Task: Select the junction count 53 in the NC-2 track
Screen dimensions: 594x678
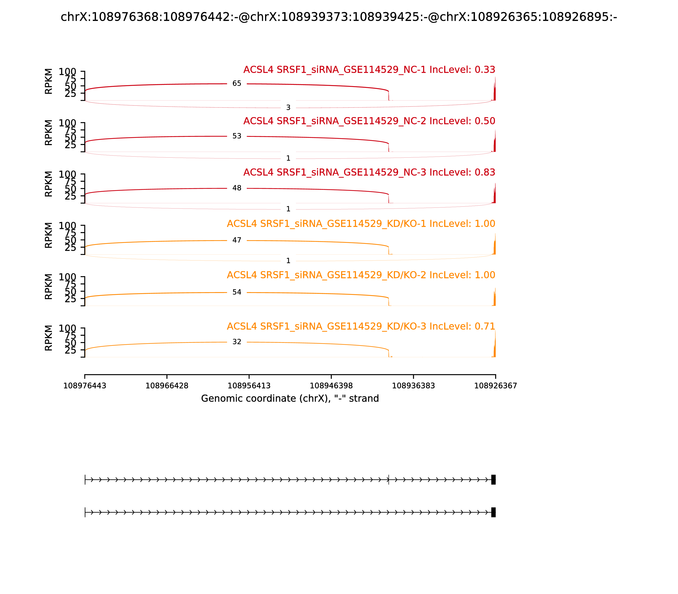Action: (x=237, y=136)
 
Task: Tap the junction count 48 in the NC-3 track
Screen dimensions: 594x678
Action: (x=237, y=188)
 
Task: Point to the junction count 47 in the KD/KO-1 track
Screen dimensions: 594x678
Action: (x=237, y=240)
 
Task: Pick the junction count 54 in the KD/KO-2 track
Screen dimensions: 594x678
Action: (x=237, y=292)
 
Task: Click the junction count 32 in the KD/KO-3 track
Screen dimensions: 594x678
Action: (x=237, y=342)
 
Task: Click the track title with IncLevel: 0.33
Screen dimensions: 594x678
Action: (x=369, y=70)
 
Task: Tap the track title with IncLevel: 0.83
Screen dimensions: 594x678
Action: (x=369, y=172)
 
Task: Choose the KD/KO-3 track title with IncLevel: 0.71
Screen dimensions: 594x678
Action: (x=361, y=326)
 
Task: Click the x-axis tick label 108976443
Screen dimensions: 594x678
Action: (x=85, y=386)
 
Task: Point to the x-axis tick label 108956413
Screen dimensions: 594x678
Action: (x=249, y=386)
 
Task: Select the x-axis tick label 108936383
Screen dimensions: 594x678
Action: (x=413, y=386)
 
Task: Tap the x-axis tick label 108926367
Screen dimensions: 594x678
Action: (x=495, y=386)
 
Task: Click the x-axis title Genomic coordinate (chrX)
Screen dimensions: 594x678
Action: (x=290, y=398)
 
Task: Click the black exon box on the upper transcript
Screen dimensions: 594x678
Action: (x=493, y=480)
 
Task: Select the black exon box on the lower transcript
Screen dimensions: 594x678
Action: (x=493, y=512)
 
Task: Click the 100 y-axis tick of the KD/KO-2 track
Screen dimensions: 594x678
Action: (x=68, y=277)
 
